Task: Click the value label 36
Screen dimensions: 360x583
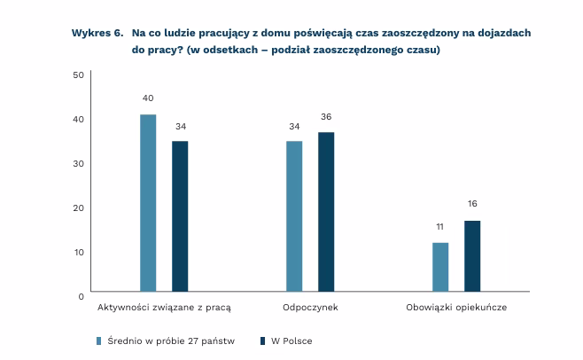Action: pyautogui.click(x=326, y=116)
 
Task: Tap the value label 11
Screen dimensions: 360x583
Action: pyautogui.click(x=439, y=226)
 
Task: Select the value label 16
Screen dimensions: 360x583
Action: pyautogui.click(x=471, y=204)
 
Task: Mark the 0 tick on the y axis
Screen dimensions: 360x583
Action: pyautogui.click(x=81, y=295)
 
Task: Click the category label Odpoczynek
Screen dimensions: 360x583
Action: pyautogui.click(x=310, y=307)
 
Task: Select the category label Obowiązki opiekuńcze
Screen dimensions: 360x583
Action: pyautogui.click(x=455, y=307)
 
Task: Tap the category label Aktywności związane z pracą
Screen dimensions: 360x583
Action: pyautogui.click(x=164, y=307)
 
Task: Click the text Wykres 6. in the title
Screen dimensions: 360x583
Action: pyautogui.click(x=96, y=33)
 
